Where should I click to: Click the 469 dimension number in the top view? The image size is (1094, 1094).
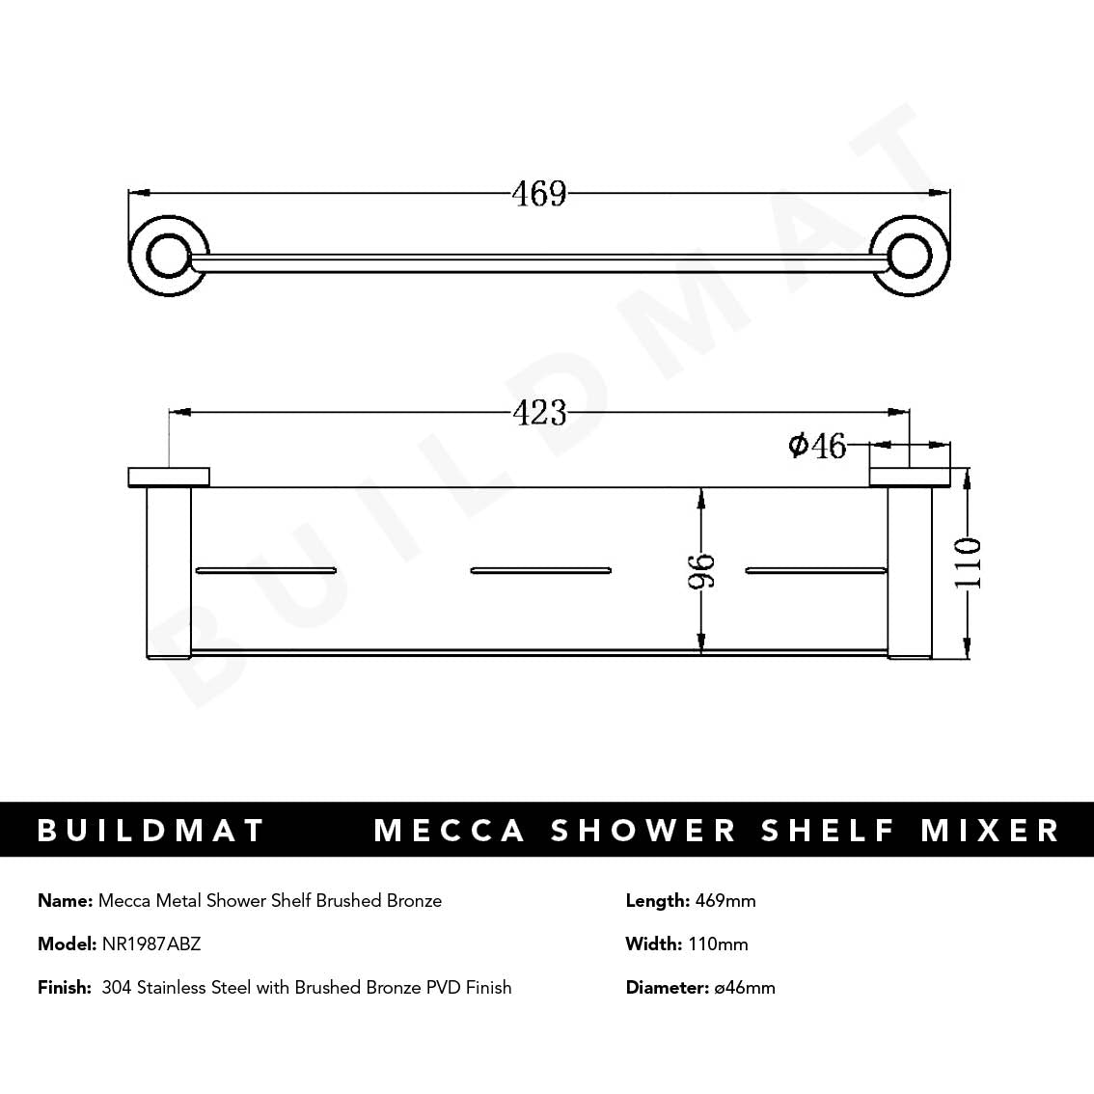(x=539, y=194)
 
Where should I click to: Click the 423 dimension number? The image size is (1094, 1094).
(x=539, y=413)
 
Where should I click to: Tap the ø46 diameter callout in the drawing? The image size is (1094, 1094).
(x=817, y=446)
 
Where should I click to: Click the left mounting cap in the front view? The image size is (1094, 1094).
(x=169, y=477)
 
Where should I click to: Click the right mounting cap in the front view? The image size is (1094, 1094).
(x=910, y=477)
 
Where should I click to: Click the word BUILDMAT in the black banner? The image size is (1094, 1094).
(x=150, y=830)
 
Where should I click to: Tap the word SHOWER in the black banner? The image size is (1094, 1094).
(x=643, y=830)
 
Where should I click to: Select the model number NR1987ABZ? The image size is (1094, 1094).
(x=151, y=944)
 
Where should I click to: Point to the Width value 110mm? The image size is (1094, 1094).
(x=718, y=944)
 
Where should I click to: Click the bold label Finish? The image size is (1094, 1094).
(x=64, y=987)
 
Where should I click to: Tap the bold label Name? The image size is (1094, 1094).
(x=65, y=900)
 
